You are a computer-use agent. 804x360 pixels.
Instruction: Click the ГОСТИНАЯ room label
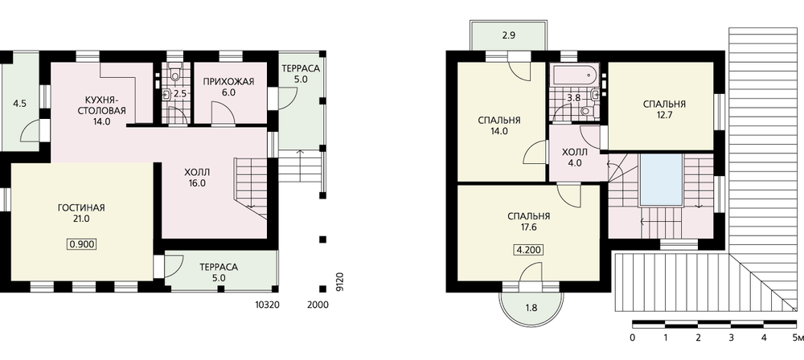pyautogui.click(x=81, y=207)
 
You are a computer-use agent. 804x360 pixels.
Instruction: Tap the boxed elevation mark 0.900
pyautogui.click(x=81, y=243)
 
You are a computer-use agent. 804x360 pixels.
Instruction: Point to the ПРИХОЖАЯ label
pyautogui.click(x=228, y=81)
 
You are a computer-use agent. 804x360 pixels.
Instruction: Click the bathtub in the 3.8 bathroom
pyautogui.click(x=573, y=75)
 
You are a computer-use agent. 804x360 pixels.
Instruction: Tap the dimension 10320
pyautogui.click(x=267, y=305)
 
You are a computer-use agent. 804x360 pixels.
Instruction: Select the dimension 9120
pyautogui.click(x=338, y=283)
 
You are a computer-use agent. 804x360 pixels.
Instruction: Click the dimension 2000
pyautogui.click(x=318, y=305)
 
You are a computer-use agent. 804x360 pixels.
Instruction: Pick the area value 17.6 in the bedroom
pyautogui.click(x=529, y=226)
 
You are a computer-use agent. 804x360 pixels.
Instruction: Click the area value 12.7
pyautogui.click(x=664, y=115)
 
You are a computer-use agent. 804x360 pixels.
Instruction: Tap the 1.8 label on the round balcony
pyautogui.click(x=531, y=309)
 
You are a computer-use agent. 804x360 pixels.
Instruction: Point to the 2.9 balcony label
pyautogui.click(x=509, y=37)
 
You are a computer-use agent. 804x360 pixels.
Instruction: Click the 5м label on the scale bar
pyautogui.click(x=798, y=337)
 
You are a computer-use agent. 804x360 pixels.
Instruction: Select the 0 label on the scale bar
pyautogui.click(x=633, y=337)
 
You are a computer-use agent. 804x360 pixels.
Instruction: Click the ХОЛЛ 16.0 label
pyautogui.click(x=198, y=178)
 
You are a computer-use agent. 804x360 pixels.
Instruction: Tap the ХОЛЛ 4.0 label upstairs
pyautogui.click(x=572, y=158)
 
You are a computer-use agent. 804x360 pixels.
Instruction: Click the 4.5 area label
pyautogui.click(x=19, y=104)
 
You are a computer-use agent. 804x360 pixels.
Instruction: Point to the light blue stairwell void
pyautogui.click(x=661, y=179)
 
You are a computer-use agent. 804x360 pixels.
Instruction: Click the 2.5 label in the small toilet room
pyautogui.click(x=179, y=94)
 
